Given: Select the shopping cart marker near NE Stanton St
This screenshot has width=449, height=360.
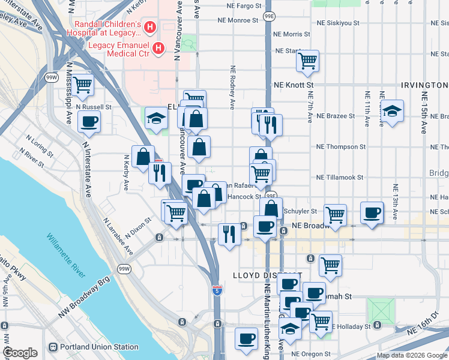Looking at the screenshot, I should coord(307,61).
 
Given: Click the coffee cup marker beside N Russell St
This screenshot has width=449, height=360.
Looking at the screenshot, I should coord(89,122).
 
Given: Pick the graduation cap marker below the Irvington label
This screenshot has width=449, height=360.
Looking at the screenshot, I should coord(392,111).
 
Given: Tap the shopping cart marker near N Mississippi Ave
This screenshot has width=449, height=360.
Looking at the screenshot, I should coord(83,85).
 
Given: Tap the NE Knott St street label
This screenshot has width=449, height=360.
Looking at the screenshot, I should coord(291,86).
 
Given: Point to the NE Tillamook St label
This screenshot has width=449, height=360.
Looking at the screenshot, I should coord(340,178).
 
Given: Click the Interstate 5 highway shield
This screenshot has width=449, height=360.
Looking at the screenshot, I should coord(217,290).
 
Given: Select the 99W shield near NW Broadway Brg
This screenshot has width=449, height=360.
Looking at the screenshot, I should coord(124,268).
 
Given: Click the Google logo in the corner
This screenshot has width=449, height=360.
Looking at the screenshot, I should coord(20,353).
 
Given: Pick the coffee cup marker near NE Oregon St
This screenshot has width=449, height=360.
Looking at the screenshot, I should coord(246,339).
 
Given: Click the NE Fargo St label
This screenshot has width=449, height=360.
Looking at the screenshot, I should coord(244,5).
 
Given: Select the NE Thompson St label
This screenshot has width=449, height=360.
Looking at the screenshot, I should coord(341,146).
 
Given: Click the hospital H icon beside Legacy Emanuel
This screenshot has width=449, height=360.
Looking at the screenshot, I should coord(159,47).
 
